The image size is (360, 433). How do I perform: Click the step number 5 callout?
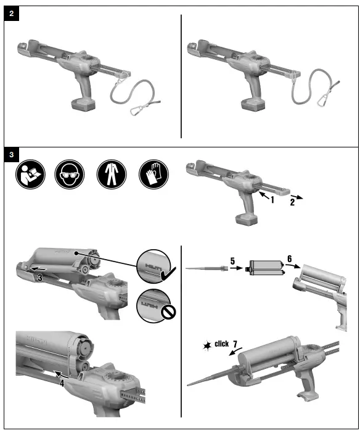click(x=233, y=261)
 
